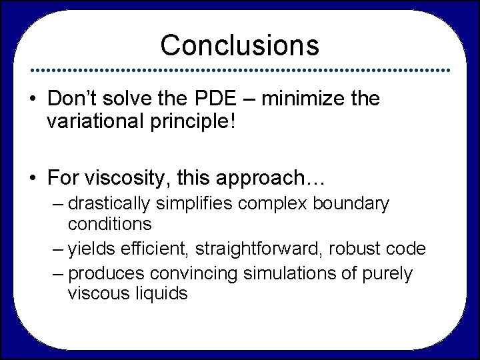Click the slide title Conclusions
(240, 45)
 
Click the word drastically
(112, 203)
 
